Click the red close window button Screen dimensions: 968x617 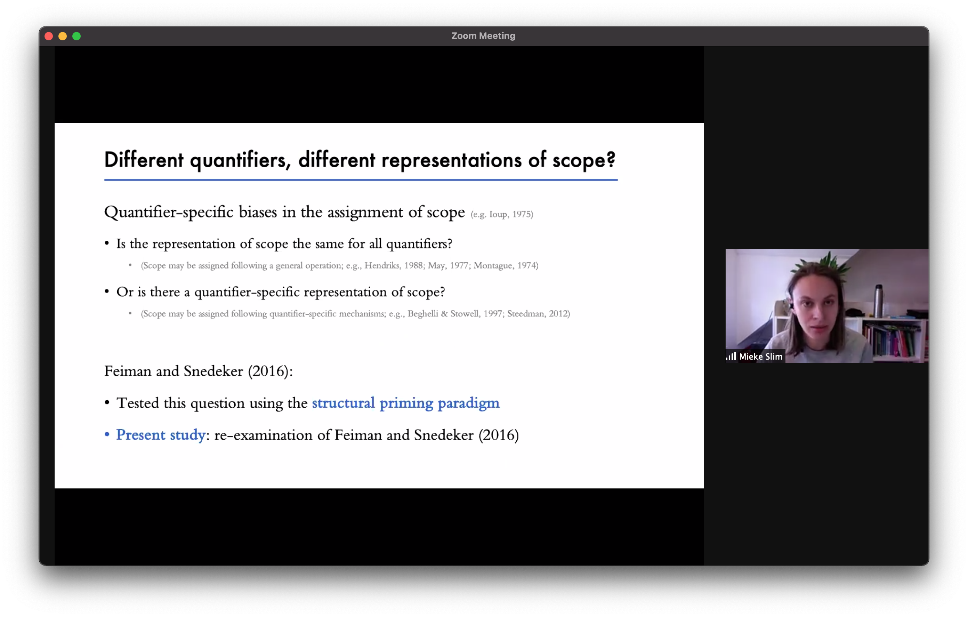pos(49,36)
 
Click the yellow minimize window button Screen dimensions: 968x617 pos(63,36)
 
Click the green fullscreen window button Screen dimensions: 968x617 pos(76,36)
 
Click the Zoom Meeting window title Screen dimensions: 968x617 pos(483,36)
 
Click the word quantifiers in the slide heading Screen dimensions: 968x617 pos(240,160)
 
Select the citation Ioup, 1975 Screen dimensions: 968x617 pos(510,214)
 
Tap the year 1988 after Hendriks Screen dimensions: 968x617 pos(414,265)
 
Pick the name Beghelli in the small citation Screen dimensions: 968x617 pos(422,314)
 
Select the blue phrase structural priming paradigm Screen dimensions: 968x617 pos(406,403)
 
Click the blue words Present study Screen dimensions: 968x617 pos(161,435)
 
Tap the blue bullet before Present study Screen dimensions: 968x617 pos(107,435)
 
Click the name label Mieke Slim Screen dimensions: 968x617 pos(760,357)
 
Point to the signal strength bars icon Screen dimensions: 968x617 pos(731,356)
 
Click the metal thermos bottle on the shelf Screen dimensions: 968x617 pos(879,301)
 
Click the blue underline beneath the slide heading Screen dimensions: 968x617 pos(361,180)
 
